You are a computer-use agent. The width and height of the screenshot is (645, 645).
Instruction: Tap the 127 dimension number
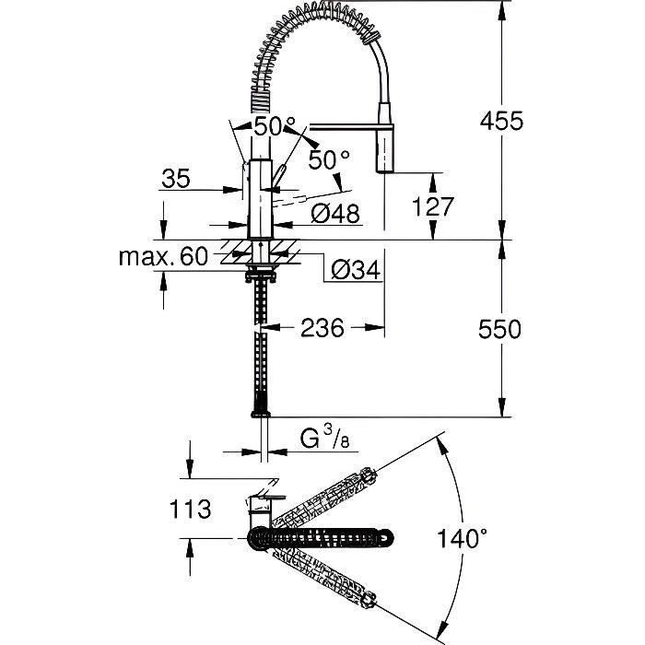coord(435,208)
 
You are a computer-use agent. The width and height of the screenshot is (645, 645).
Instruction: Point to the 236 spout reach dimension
coord(322,327)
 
